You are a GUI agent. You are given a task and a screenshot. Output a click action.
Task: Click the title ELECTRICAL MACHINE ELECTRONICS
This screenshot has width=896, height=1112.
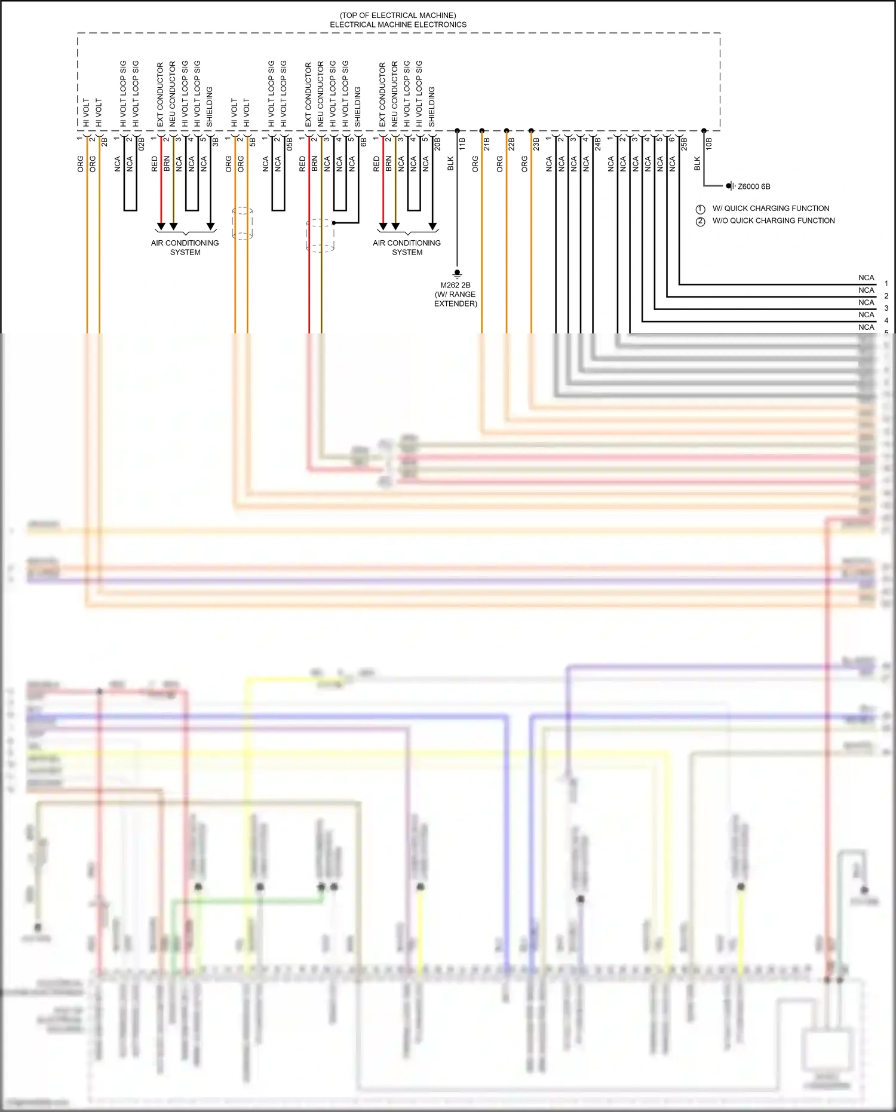pyautogui.click(x=398, y=24)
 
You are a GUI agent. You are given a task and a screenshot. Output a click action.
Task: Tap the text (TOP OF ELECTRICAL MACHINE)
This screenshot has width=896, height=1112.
pyautogui.click(x=398, y=15)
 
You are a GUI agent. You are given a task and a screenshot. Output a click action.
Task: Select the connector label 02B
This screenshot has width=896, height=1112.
pyautogui.click(x=142, y=143)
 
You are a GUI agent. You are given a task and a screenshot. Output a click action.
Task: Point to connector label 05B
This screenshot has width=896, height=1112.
pyautogui.click(x=290, y=143)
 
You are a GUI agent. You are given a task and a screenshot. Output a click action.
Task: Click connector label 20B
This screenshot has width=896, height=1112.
pyautogui.click(x=437, y=143)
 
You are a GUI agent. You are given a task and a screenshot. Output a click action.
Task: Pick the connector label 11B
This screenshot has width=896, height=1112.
pyautogui.click(x=462, y=143)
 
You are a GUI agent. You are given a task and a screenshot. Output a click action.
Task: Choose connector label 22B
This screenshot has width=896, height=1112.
pyautogui.click(x=511, y=143)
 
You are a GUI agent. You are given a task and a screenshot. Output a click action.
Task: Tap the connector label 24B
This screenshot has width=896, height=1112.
pyautogui.click(x=597, y=143)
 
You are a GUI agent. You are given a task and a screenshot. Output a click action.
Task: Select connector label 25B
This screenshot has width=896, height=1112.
pyautogui.click(x=684, y=143)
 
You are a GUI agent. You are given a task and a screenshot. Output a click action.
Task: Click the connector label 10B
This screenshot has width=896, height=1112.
pyautogui.click(x=708, y=143)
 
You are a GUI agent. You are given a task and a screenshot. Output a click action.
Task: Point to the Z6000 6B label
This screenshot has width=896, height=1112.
pyautogui.click(x=754, y=186)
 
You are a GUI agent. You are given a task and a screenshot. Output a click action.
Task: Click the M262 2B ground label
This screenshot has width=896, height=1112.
pyautogui.click(x=455, y=285)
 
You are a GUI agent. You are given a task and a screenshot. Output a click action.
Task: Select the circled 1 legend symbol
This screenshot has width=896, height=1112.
pyautogui.click(x=701, y=209)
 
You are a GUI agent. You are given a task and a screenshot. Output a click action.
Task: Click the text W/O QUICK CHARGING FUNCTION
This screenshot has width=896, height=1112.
pyautogui.click(x=774, y=220)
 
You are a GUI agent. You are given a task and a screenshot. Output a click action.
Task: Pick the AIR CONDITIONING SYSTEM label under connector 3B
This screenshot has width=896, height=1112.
pyautogui.click(x=185, y=247)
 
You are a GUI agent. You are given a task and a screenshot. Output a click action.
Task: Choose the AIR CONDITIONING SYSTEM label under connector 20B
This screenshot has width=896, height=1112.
pyautogui.click(x=407, y=247)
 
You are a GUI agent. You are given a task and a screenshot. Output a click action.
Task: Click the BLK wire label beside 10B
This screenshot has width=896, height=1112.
pyautogui.click(x=697, y=164)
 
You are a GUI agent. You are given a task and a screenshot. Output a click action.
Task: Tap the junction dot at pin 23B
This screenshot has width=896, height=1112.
pyautogui.click(x=531, y=130)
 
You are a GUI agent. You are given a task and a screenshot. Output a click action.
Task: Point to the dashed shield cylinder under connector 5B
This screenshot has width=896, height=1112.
pyautogui.click(x=242, y=224)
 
